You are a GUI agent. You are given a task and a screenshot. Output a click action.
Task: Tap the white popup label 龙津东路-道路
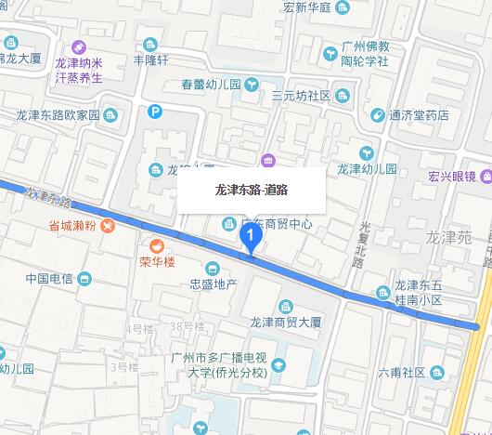pyautogui.click(x=251, y=190)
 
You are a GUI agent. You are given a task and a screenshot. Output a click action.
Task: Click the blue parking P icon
pyautogui.click(x=155, y=112)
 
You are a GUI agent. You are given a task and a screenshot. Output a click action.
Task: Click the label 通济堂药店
pyautogui.click(x=419, y=115)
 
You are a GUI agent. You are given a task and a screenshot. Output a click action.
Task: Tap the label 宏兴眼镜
pyautogui.click(x=451, y=176)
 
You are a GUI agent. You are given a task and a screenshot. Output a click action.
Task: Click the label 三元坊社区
pyautogui.click(x=301, y=95)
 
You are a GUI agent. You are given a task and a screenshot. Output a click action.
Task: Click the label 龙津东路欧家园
pyautogui.click(x=57, y=115)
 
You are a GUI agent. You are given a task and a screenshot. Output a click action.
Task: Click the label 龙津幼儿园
pyautogui.click(x=367, y=169)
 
